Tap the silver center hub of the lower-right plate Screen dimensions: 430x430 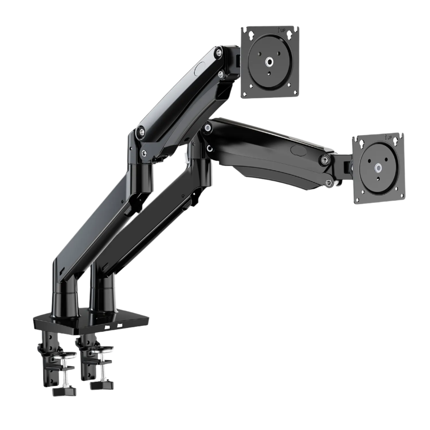tap(379, 168)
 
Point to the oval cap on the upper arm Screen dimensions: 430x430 tap(199, 69)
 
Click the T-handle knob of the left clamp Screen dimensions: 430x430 tap(64, 391)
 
